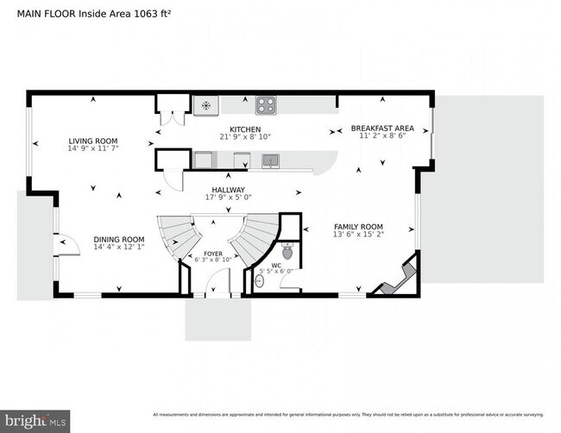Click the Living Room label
pos(93,141)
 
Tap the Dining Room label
pos(119,240)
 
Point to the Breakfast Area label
pos(381,129)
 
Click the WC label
pos(276,266)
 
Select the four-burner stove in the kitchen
pos(265,106)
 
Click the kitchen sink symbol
pos(271,160)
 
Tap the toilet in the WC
pos(287,251)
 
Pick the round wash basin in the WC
pos(259,280)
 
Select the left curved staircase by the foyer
pos(177,235)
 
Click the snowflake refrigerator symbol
pos(205,106)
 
